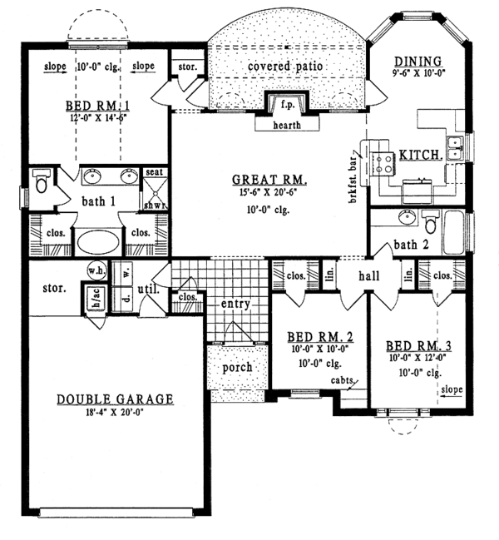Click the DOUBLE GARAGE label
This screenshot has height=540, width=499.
(x=115, y=399)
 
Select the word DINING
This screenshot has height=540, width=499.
(x=419, y=60)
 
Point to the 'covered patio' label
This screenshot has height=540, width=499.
(x=285, y=65)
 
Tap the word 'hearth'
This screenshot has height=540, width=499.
(x=285, y=126)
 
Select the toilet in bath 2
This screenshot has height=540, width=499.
(x=430, y=223)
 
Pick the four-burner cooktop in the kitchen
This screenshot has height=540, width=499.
(x=382, y=160)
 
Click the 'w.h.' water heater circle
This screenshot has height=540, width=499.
(x=95, y=271)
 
